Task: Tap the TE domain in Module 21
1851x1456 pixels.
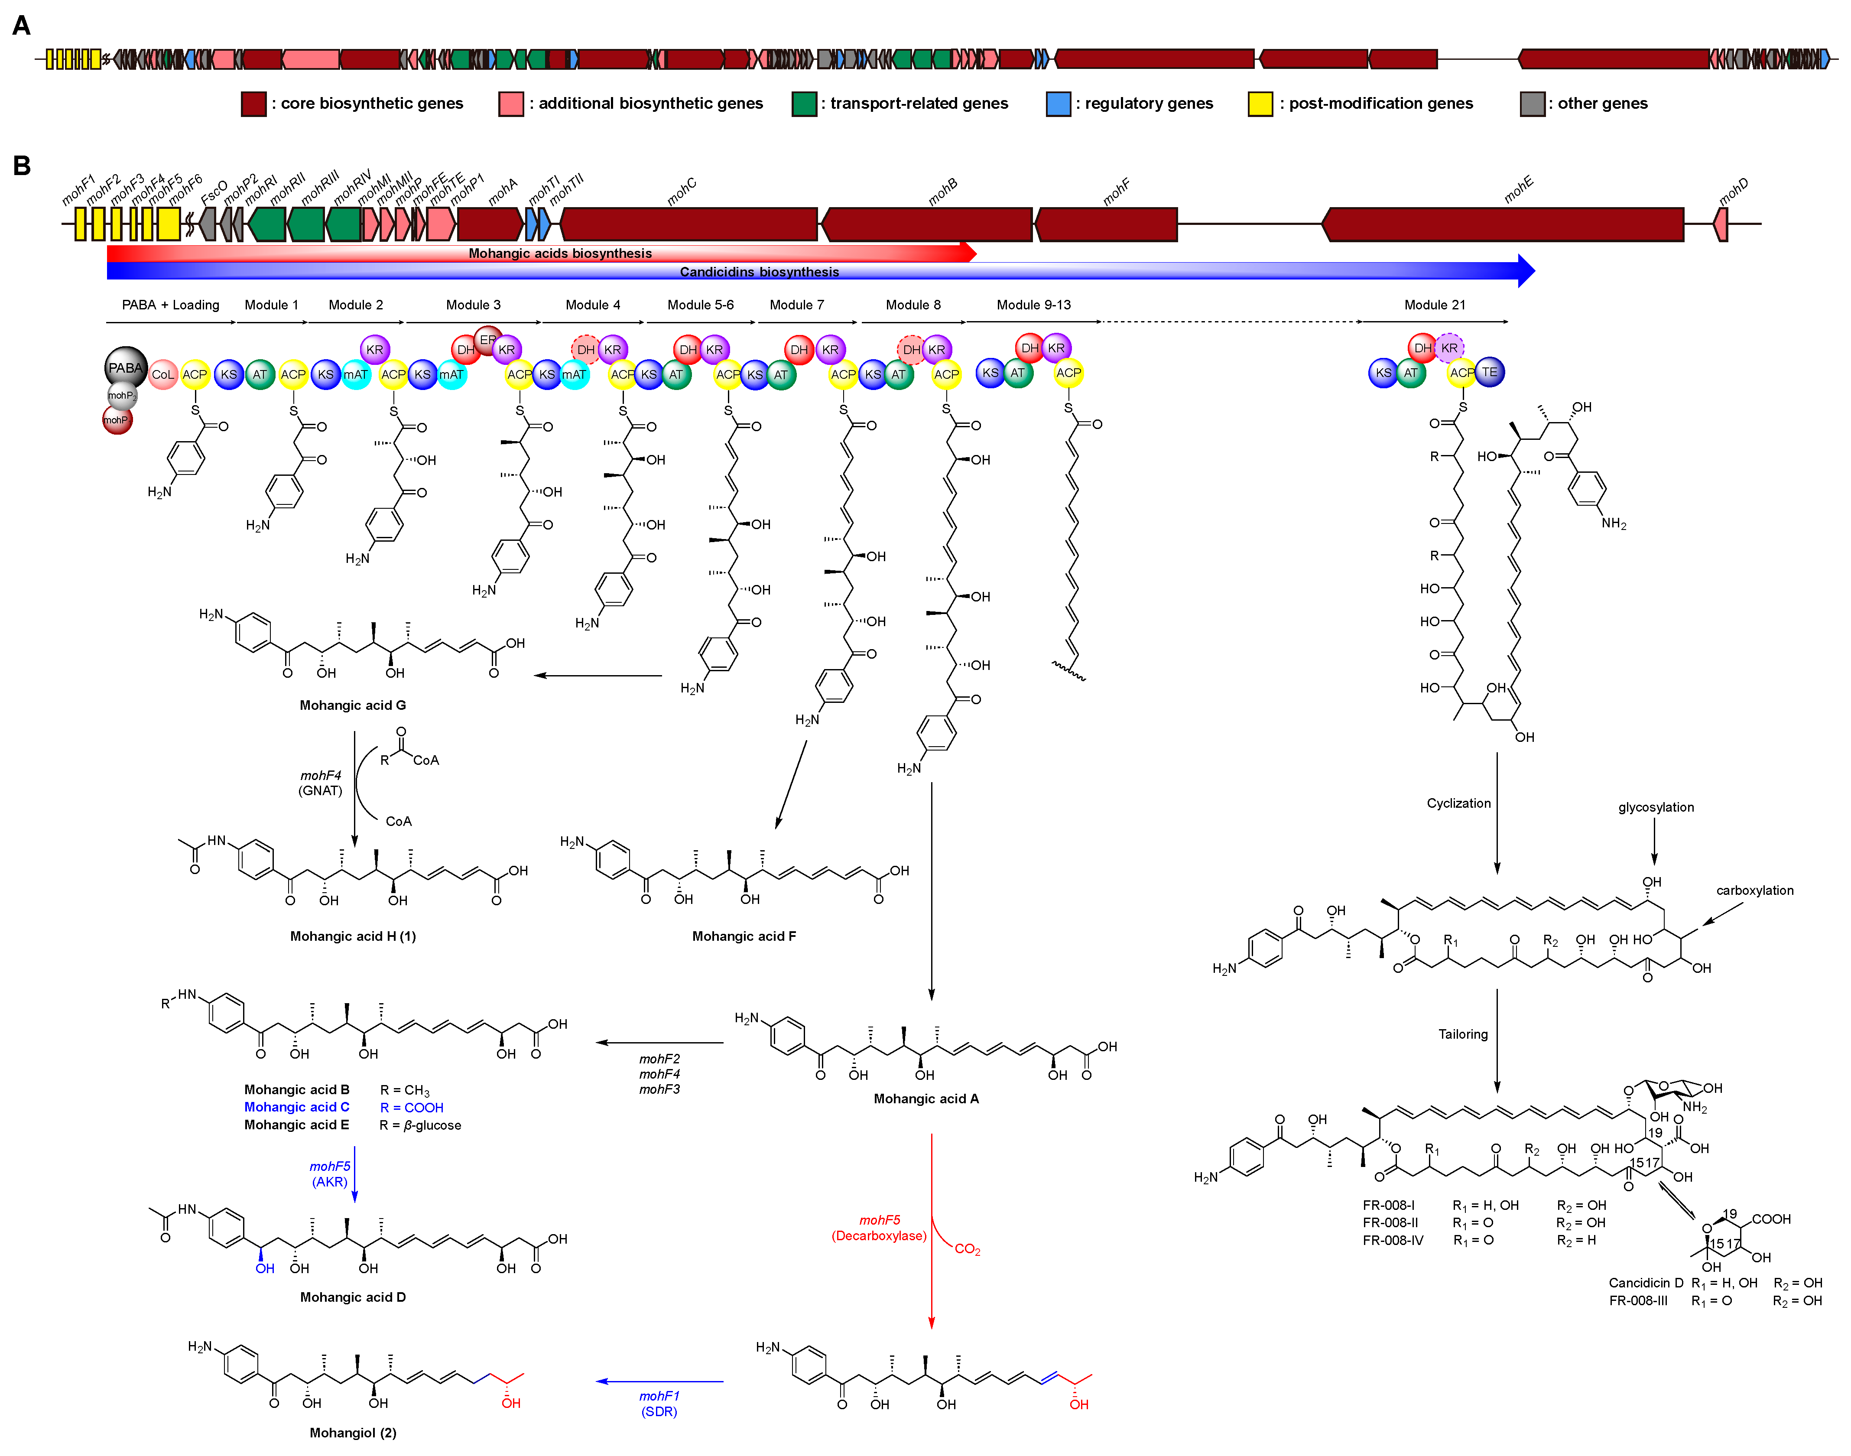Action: (1489, 372)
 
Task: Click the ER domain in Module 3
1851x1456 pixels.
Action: (487, 339)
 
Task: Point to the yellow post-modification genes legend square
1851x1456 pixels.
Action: (1260, 104)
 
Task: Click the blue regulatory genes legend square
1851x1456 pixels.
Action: (1058, 104)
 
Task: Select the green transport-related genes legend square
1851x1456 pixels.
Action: (804, 104)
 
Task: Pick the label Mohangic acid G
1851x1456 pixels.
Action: (352, 705)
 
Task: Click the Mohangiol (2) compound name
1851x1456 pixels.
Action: (352, 1432)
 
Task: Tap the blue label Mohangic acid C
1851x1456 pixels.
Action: (296, 1106)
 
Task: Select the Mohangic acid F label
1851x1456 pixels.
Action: (743, 936)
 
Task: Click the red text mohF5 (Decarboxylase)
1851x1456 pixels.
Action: (879, 1228)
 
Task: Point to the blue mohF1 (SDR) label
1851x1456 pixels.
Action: (659, 1403)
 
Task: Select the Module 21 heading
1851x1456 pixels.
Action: (1434, 304)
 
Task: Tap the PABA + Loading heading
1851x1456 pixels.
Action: (170, 304)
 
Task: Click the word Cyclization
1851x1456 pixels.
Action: (1458, 803)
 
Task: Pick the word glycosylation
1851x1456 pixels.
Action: (1655, 807)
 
